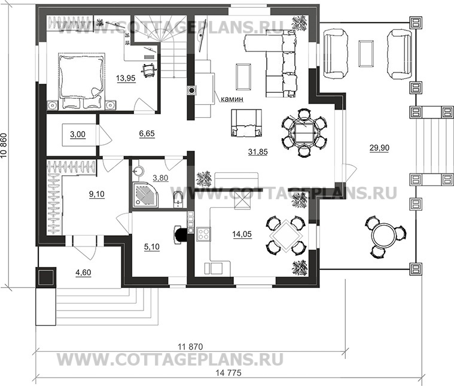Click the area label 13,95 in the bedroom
126,78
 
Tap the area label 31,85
258,151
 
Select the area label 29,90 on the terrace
379,148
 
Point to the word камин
232,99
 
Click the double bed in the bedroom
81,81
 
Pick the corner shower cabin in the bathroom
145,194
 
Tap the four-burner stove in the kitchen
204,234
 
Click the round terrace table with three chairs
385,237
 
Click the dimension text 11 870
190,347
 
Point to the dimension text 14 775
228,373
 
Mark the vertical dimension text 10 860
4,146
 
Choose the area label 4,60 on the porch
83,272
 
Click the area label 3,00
78,135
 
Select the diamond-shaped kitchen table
286,235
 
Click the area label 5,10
152,247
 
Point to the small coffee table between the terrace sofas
365,54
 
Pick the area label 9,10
97,194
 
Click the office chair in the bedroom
149,69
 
